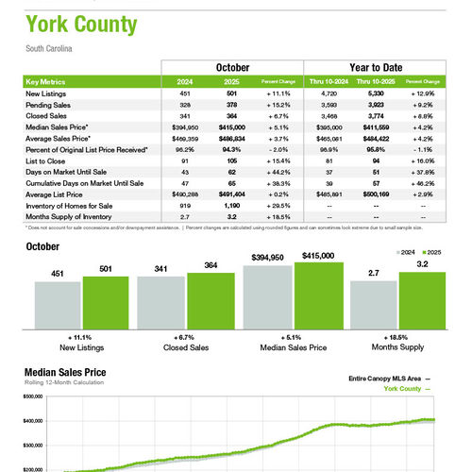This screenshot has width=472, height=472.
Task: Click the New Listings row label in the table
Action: coord(45,94)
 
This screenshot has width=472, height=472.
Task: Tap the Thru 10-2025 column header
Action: coord(378,82)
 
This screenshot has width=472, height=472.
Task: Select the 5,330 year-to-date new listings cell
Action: coord(378,94)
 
